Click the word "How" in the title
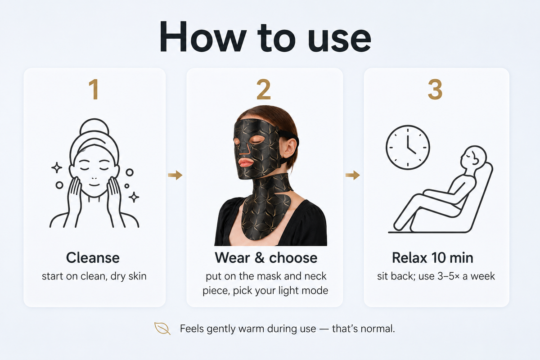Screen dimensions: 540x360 click(x=203, y=36)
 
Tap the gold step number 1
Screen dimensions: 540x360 click(x=94, y=89)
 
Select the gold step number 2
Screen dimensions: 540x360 click(x=264, y=89)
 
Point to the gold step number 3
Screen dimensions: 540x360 click(x=435, y=89)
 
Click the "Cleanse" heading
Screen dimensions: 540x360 click(x=93, y=257)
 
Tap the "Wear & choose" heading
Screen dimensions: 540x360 click(x=266, y=257)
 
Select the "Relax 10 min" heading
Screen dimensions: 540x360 click(x=433, y=257)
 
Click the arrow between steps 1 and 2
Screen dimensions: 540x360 click(x=175, y=175)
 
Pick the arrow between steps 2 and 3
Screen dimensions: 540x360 click(x=353, y=175)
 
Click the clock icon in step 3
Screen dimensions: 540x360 click(x=408, y=147)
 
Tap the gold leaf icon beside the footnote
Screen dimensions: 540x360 click(x=162, y=328)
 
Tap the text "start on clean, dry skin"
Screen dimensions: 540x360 click(x=94, y=276)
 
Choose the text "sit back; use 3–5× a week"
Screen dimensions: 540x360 click(x=436, y=276)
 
